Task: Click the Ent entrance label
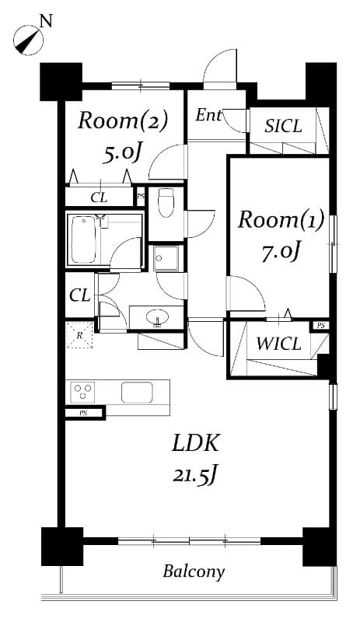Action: click(208, 116)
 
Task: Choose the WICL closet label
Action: click(278, 344)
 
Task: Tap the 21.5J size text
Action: click(194, 474)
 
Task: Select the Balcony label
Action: click(194, 572)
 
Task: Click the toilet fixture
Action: click(165, 203)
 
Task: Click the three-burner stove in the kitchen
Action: click(83, 390)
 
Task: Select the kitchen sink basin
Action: click(136, 392)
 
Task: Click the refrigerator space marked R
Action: click(80, 334)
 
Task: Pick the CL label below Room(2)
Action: click(99, 197)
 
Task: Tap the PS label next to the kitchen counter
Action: click(82, 413)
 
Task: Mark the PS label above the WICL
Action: click(320, 325)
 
